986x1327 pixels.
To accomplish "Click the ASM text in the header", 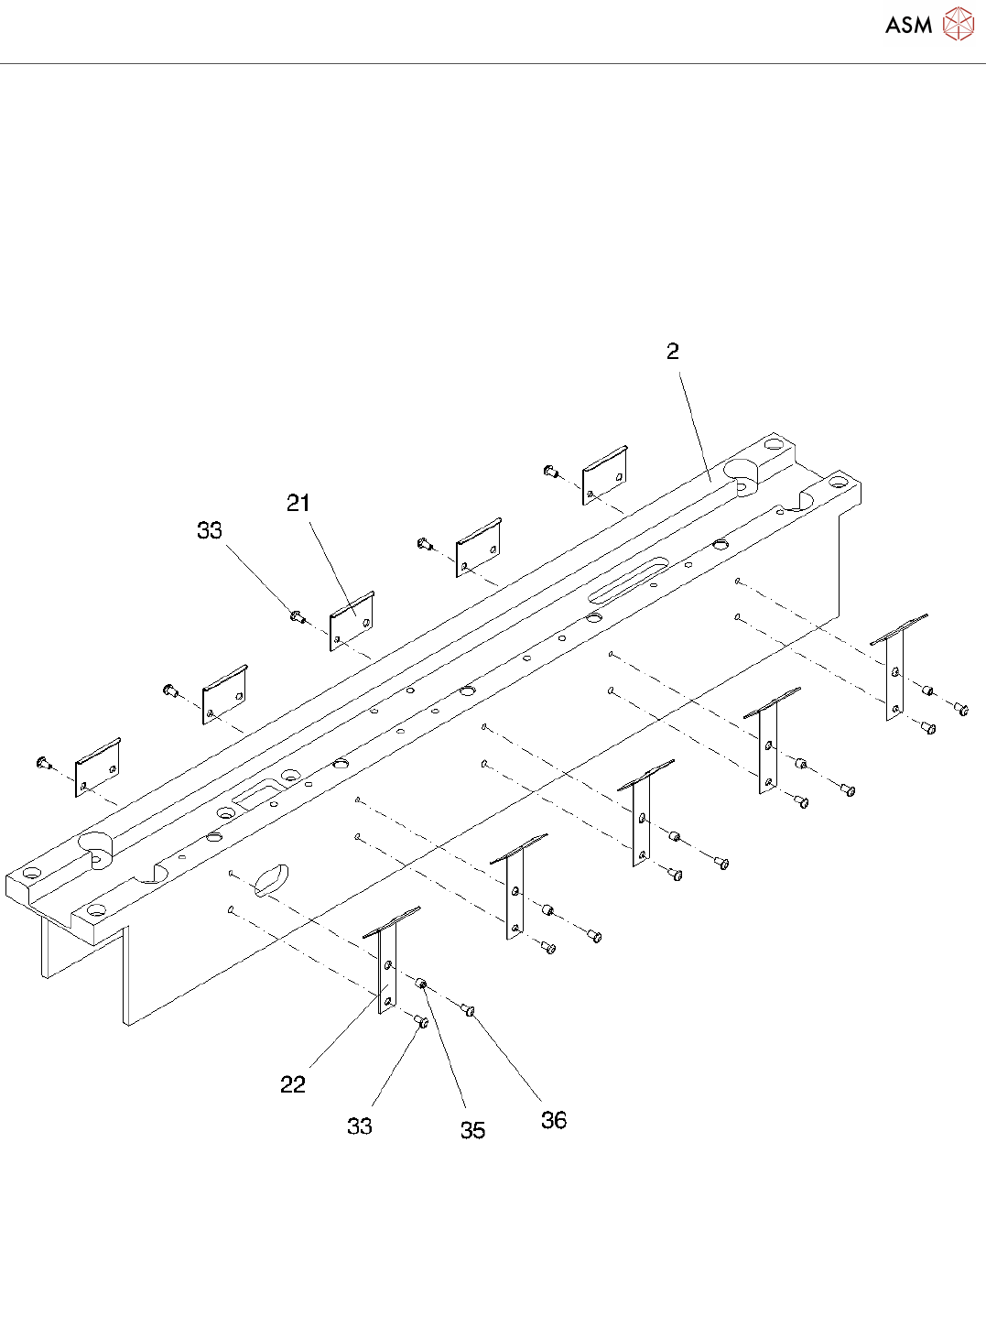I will (x=908, y=26).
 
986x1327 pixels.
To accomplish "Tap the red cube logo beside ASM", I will (x=959, y=25).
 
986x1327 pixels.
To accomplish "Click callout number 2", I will (x=673, y=352).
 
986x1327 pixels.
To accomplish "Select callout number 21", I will (x=298, y=503).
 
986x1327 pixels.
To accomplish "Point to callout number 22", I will (x=293, y=1084).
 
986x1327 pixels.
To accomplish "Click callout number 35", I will (x=472, y=1130).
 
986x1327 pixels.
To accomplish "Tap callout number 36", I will (x=554, y=1120).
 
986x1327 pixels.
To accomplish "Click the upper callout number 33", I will (x=210, y=530).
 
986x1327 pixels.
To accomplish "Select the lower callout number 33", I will (x=360, y=1126).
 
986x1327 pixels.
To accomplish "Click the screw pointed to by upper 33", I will (x=297, y=616).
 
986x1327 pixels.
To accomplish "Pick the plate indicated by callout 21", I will (x=352, y=621).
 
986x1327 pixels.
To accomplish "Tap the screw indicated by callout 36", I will (x=468, y=1010).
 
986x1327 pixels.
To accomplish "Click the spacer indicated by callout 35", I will (x=422, y=984).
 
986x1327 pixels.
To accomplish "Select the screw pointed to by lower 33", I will (x=422, y=1021).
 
